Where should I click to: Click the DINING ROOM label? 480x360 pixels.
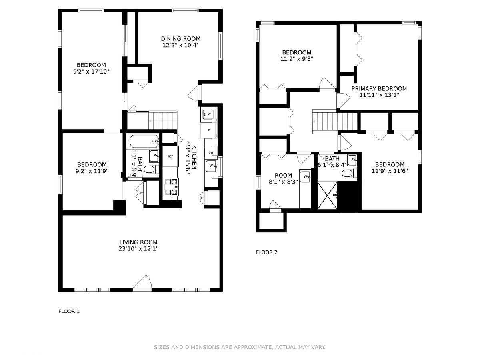(181, 39)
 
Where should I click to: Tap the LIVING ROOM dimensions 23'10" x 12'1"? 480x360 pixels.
(138, 248)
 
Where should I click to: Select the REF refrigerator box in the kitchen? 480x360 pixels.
(170, 156)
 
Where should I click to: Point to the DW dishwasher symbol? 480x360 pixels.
(211, 152)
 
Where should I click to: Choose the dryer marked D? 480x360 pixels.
(209, 130)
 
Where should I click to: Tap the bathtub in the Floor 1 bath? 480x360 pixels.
(143, 142)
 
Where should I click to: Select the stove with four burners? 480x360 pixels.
(171, 187)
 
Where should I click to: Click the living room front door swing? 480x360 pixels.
(142, 282)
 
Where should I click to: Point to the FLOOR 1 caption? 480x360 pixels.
(69, 311)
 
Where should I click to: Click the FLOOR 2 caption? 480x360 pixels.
(266, 252)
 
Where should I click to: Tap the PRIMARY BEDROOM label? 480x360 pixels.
(379, 88)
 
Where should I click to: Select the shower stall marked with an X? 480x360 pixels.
(327, 196)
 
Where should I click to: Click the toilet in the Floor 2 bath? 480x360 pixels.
(349, 173)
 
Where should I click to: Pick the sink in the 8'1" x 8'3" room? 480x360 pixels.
(305, 177)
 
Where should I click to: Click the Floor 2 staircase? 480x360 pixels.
(335, 122)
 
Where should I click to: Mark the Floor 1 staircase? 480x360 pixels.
(163, 120)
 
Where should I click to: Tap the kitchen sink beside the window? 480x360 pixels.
(211, 166)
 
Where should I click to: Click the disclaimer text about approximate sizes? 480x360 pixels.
(240, 347)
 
